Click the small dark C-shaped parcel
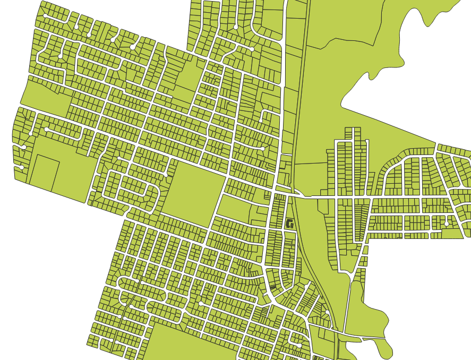point(289,224)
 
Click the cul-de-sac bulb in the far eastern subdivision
point(447,224)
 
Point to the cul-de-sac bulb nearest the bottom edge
point(299,346)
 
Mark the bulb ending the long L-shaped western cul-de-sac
point(47,129)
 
